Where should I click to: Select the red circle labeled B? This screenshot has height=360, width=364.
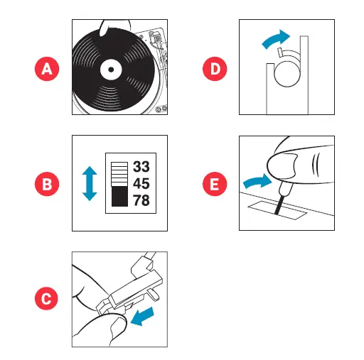(47, 183)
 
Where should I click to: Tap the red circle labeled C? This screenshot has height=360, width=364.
(47, 299)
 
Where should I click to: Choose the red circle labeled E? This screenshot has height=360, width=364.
(213, 183)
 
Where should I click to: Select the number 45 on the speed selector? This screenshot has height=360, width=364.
(141, 183)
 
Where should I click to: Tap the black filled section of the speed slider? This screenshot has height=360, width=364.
(119, 195)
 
